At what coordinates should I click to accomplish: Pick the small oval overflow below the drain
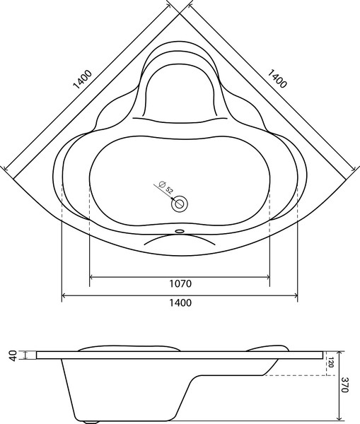coord(180,230)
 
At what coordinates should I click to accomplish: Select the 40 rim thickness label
coord(12,355)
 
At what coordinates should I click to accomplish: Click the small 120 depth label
coord(330,363)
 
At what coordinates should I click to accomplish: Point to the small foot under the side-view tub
coord(91,421)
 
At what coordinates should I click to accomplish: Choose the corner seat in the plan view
coord(180,88)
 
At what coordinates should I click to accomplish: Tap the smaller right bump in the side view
coord(269,347)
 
